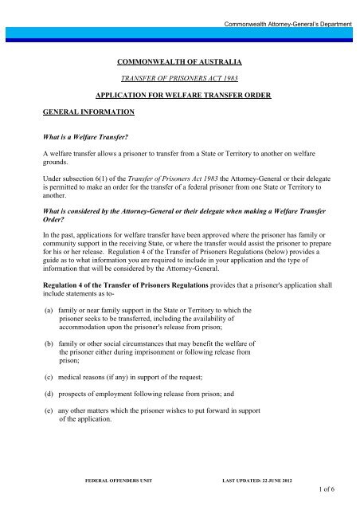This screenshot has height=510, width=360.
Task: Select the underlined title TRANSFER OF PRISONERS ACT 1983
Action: point(179,80)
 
